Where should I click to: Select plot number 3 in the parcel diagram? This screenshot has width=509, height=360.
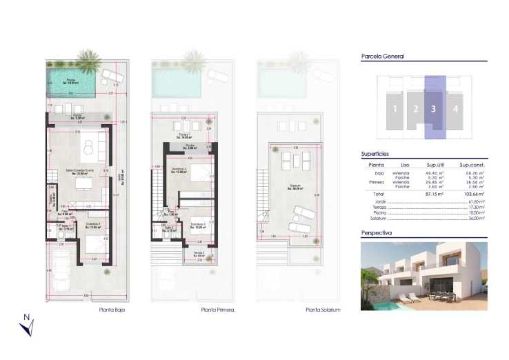tap(433, 108)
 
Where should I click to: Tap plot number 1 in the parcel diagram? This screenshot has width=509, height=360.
tap(395, 109)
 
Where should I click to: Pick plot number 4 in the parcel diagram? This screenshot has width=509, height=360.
tap(455, 108)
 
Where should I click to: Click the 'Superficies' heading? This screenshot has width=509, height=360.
tap(375, 154)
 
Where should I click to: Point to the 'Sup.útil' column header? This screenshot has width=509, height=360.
tap(435, 166)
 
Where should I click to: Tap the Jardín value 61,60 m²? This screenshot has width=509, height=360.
tap(477, 202)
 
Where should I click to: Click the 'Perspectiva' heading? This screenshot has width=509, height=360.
tap(377, 234)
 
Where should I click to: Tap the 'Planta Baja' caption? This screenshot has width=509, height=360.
tap(111, 310)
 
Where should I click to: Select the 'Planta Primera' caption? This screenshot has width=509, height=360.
tap(217, 310)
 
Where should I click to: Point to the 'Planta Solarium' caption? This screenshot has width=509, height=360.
tap(323, 310)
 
